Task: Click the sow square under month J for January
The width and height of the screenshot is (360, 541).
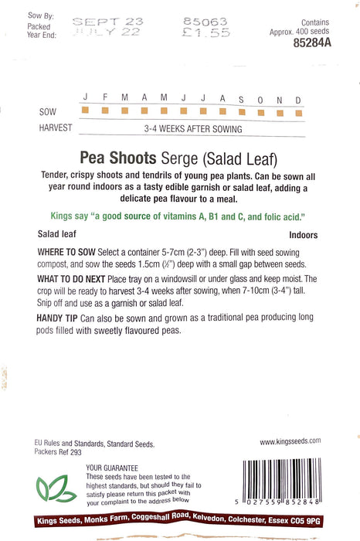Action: pos(85,111)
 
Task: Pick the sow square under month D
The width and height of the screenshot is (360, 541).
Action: pos(298,111)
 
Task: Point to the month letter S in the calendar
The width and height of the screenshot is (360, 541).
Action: pos(241,99)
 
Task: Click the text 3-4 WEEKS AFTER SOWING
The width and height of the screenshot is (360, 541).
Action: pos(193,129)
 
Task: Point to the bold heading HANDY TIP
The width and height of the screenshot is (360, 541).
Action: pos(56,320)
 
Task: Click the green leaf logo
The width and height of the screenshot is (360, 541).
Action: pos(53,488)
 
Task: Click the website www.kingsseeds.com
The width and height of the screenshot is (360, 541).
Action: pos(290,441)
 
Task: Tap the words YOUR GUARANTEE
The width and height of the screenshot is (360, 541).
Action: pos(112,468)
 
